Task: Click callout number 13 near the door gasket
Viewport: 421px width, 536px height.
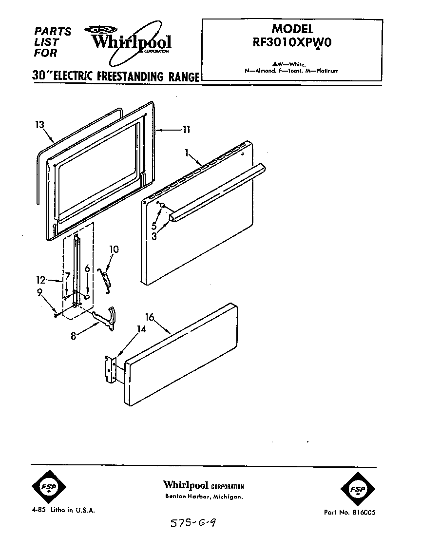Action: [40, 125]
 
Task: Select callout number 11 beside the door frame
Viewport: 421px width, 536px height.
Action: [186, 130]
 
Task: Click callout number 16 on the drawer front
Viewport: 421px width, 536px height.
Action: [149, 317]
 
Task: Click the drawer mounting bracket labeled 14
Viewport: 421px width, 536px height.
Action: [110, 371]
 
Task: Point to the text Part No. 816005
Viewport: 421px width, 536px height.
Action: [349, 512]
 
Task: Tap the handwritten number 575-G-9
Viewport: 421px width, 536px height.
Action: [193, 524]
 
